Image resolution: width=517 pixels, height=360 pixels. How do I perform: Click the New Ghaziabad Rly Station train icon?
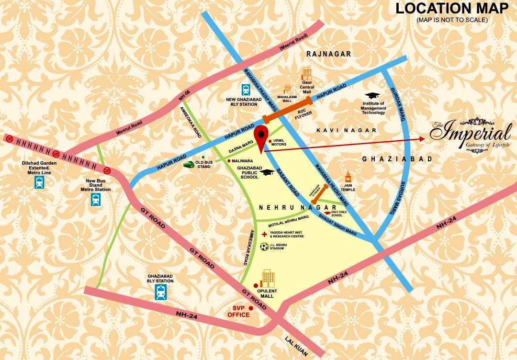click(246, 90)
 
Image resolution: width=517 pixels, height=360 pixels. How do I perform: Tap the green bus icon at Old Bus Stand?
click(189, 164)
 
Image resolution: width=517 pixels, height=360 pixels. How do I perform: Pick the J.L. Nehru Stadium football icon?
click(264, 247)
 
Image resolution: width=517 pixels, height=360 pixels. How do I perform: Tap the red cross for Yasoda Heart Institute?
click(264, 235)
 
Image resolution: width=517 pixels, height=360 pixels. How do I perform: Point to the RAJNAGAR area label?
click(329, 55)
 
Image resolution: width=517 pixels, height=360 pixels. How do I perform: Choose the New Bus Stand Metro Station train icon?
click(96, 200)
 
